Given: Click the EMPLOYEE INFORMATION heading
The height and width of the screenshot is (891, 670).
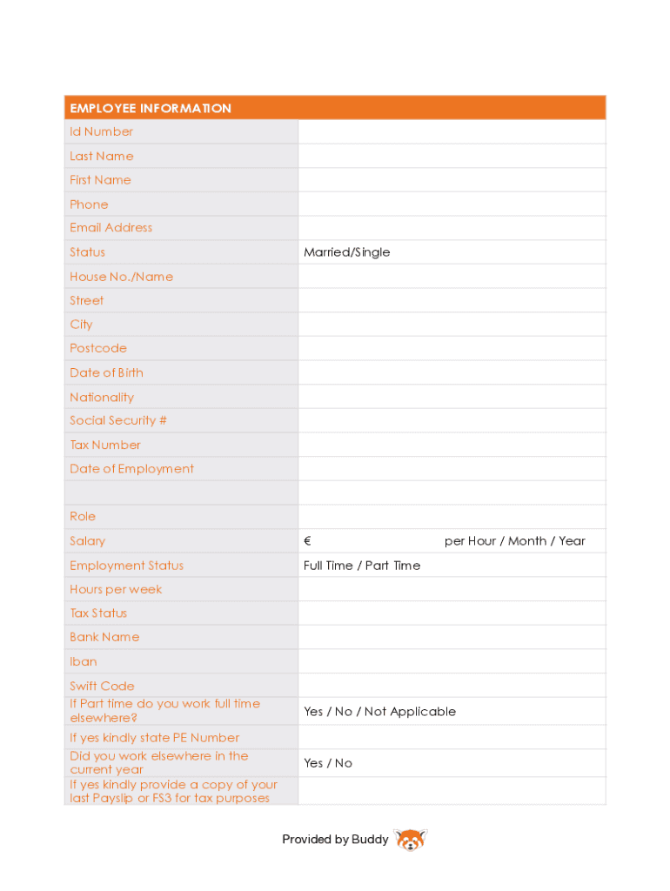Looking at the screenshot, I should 151,108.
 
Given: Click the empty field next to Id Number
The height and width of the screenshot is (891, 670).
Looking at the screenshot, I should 452,132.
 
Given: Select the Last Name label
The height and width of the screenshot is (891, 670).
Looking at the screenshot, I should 102,157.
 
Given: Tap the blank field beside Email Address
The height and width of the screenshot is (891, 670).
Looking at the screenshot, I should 452,228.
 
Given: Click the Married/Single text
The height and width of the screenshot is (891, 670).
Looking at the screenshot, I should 347,252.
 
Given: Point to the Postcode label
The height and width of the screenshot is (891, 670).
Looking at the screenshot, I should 98,348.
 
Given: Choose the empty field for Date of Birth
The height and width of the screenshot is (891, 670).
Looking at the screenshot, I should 452,372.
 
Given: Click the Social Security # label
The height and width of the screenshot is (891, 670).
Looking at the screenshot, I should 118,420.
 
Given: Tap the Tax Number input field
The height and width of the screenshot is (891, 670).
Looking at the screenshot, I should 452,445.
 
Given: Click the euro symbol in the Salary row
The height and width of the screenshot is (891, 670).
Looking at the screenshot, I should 308,541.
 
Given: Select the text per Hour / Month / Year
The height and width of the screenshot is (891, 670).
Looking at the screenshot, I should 515,541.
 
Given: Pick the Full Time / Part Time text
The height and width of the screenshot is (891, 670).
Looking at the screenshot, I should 362,566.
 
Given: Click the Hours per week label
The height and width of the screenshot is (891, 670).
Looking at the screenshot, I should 116,589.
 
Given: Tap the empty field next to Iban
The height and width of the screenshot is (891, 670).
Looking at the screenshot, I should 452,661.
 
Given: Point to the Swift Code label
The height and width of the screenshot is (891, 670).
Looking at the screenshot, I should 102,686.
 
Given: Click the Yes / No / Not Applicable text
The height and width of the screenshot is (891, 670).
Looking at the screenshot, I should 379,712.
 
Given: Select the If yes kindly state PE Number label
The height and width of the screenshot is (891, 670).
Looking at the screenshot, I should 154,738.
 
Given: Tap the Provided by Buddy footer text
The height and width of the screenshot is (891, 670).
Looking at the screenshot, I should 335,840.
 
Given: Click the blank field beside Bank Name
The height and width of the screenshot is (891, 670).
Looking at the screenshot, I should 452,637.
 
